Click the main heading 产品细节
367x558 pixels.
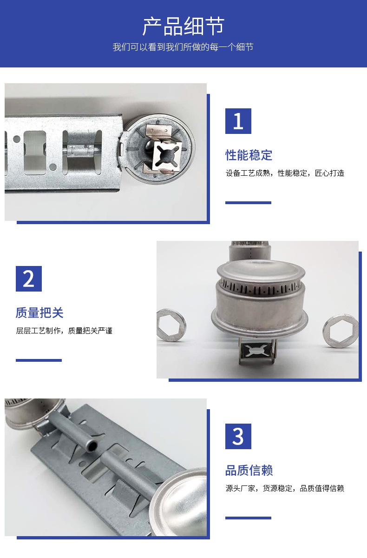(x=183, y=26)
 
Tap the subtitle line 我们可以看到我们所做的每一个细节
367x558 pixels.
(x=183, y=47)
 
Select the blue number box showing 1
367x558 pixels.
(x=238, y=121)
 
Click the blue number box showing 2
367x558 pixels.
(x=29, y=279)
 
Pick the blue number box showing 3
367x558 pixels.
(x=238, y=436)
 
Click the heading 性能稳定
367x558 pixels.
(x=249, y=155)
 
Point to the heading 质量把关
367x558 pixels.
(x=39, y=312)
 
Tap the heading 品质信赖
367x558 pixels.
(x=249, y=470)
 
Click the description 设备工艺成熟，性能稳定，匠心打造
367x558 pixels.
(x=285, y=173)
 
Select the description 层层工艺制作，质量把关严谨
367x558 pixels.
(x=64, y=331)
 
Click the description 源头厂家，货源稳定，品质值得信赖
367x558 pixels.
(x=285, y=488)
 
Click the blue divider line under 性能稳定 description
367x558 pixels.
(x=248, y=203)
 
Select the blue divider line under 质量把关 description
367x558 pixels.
(x=39, y=360)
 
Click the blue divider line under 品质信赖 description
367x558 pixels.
(x=248, y=518)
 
